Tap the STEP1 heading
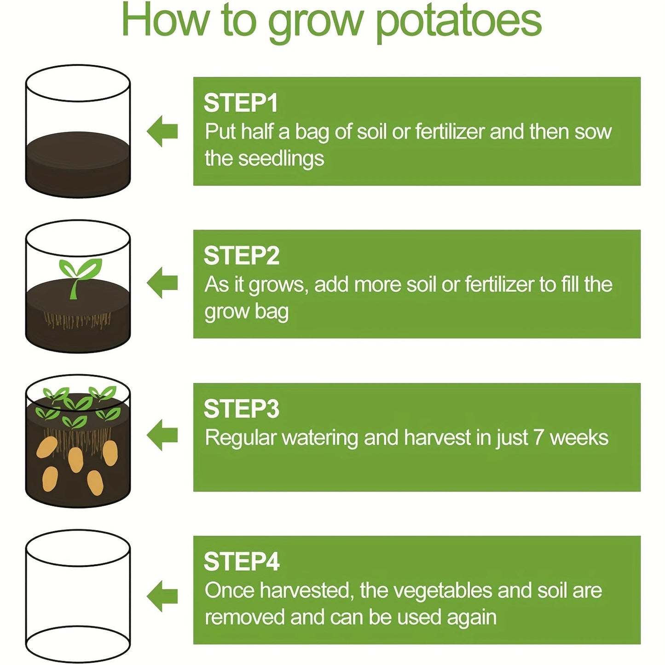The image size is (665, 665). pos(241,103)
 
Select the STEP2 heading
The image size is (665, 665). pos(242,255)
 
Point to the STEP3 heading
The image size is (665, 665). pos(242,409)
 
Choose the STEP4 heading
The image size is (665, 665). pos(242,561)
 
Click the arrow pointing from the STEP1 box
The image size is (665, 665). pos(162,131)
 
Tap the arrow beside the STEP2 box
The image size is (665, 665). pos(162,283)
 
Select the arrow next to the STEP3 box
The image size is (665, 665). pos(162,435)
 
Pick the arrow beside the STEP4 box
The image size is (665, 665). pos(162,596)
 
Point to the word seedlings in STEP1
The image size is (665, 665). pos(281,159)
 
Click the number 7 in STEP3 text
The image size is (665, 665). pos(539,438)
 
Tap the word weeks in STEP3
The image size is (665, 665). pos(579,438)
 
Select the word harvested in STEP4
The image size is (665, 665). pos(307,590)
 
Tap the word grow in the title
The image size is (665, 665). pos(316,22)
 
